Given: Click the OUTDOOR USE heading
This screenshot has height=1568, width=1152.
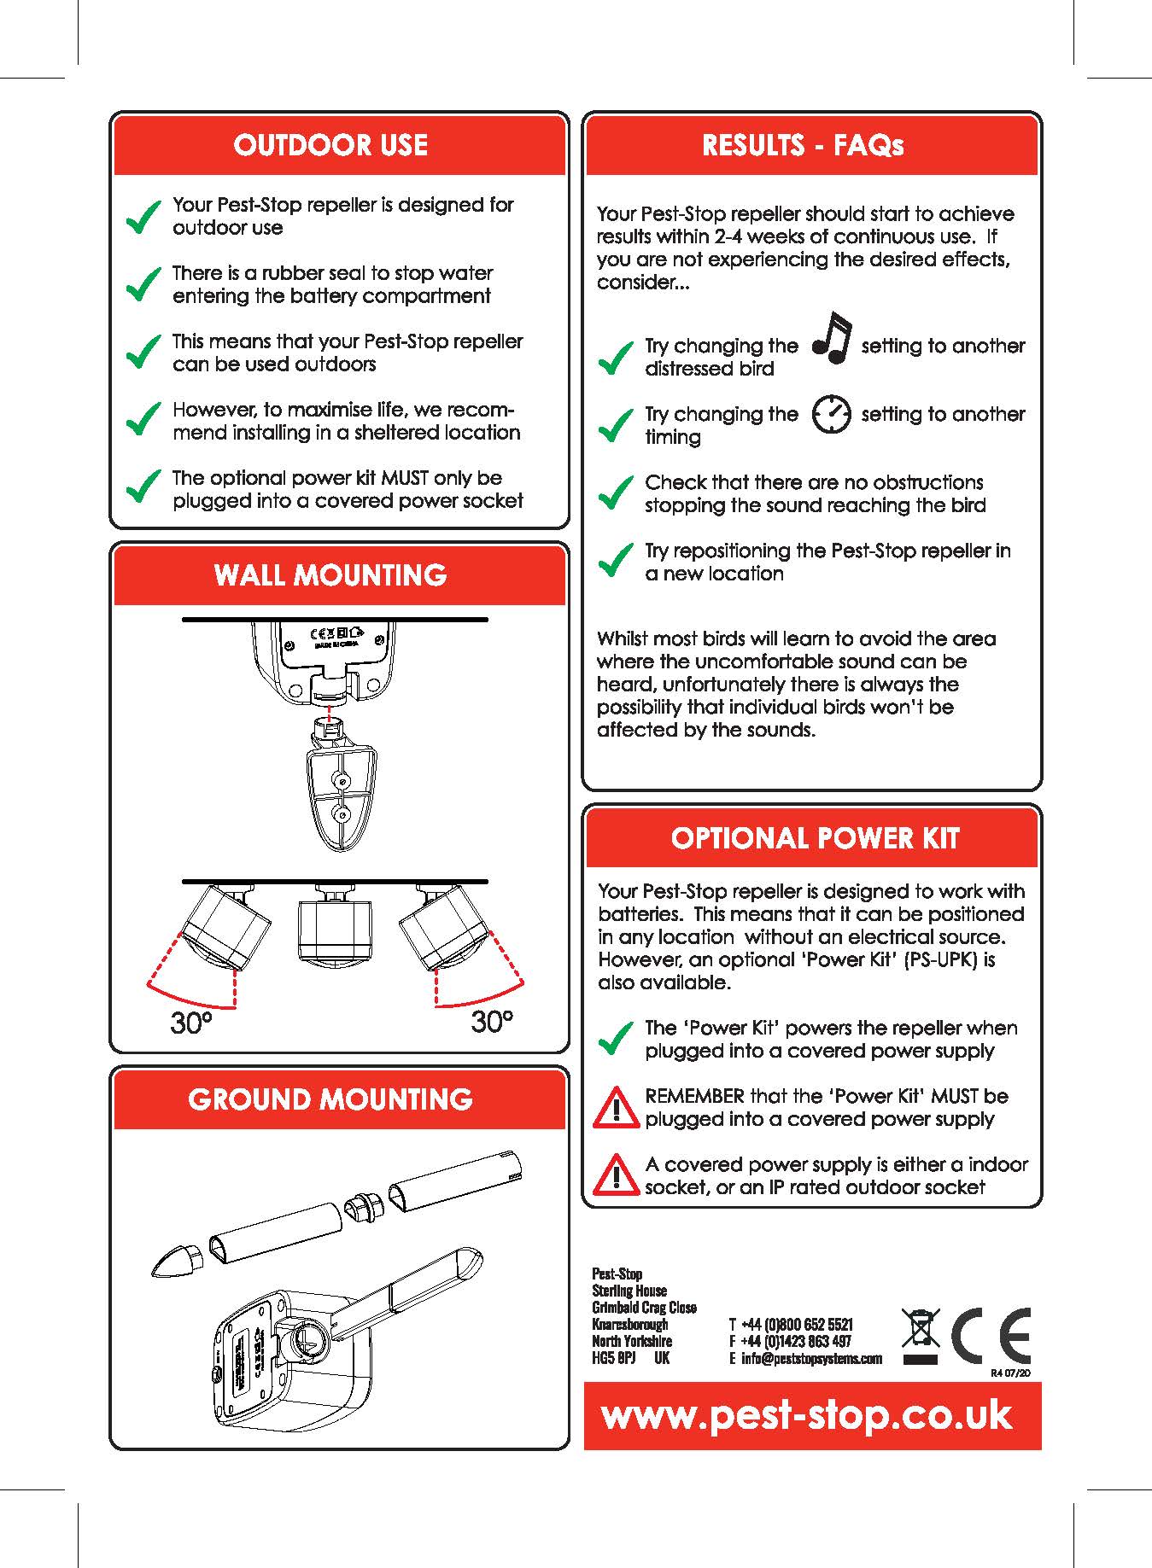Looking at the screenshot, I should [x=330, y=145].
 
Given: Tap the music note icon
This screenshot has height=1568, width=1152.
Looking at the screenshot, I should [x=832, y=339].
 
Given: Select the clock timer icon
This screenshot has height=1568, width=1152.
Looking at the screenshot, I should [x=831, y=414].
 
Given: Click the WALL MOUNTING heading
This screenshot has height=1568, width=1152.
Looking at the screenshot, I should [x=330, y=575].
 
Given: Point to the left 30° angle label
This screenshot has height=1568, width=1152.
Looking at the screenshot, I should [x=191, y=1023].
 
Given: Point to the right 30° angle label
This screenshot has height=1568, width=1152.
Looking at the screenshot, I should [x=492, y=1021].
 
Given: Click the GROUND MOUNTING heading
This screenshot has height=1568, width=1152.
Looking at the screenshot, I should [x=330, y=1099].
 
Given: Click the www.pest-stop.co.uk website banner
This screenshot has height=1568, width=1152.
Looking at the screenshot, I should [x=807, y=1416].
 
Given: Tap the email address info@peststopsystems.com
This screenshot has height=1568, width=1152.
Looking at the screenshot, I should [x=810, y=1359].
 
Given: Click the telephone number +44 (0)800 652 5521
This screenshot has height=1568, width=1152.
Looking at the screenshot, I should [x=796, y=1325].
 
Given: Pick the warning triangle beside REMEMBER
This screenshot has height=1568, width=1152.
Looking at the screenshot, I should [x=616, y=1108].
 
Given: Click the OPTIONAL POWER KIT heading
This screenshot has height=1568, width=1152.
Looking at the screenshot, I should [x=815, y=838].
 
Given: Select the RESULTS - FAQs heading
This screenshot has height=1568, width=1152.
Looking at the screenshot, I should [x=803, y=145].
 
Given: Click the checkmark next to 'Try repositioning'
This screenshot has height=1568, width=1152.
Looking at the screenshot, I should [x=615, y=561].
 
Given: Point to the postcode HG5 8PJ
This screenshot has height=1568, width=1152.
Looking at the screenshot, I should [x=614, y=1358].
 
